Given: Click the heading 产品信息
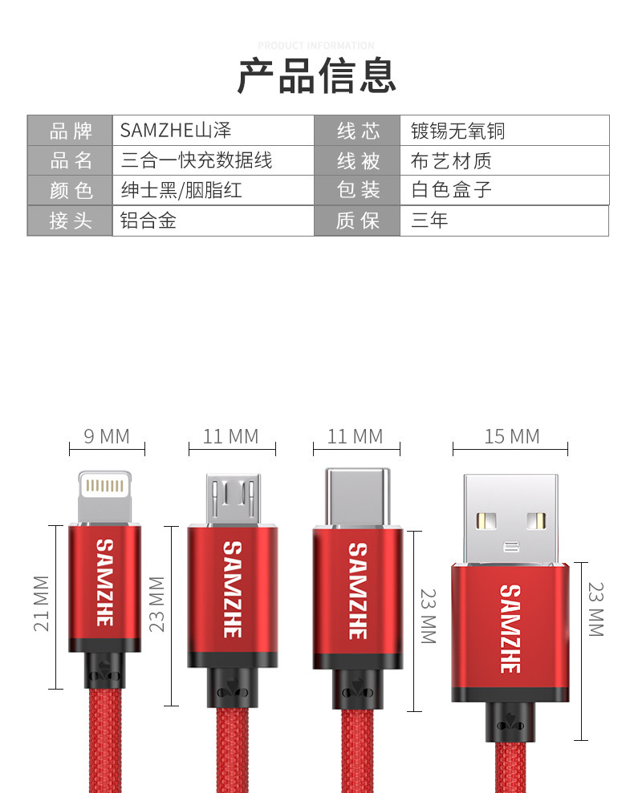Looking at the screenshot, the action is [x=317, y=77].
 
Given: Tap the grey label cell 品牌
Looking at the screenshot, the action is [x=71, y=131].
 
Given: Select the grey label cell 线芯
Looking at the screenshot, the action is [x=358, y=131].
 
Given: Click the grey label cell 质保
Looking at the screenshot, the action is [x=358, y=221].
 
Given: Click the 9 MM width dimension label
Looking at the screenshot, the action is [x=107, y=436].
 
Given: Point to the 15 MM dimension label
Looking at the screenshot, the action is [x=511, y=436].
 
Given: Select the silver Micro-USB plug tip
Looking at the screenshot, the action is [x=232, y=500].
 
